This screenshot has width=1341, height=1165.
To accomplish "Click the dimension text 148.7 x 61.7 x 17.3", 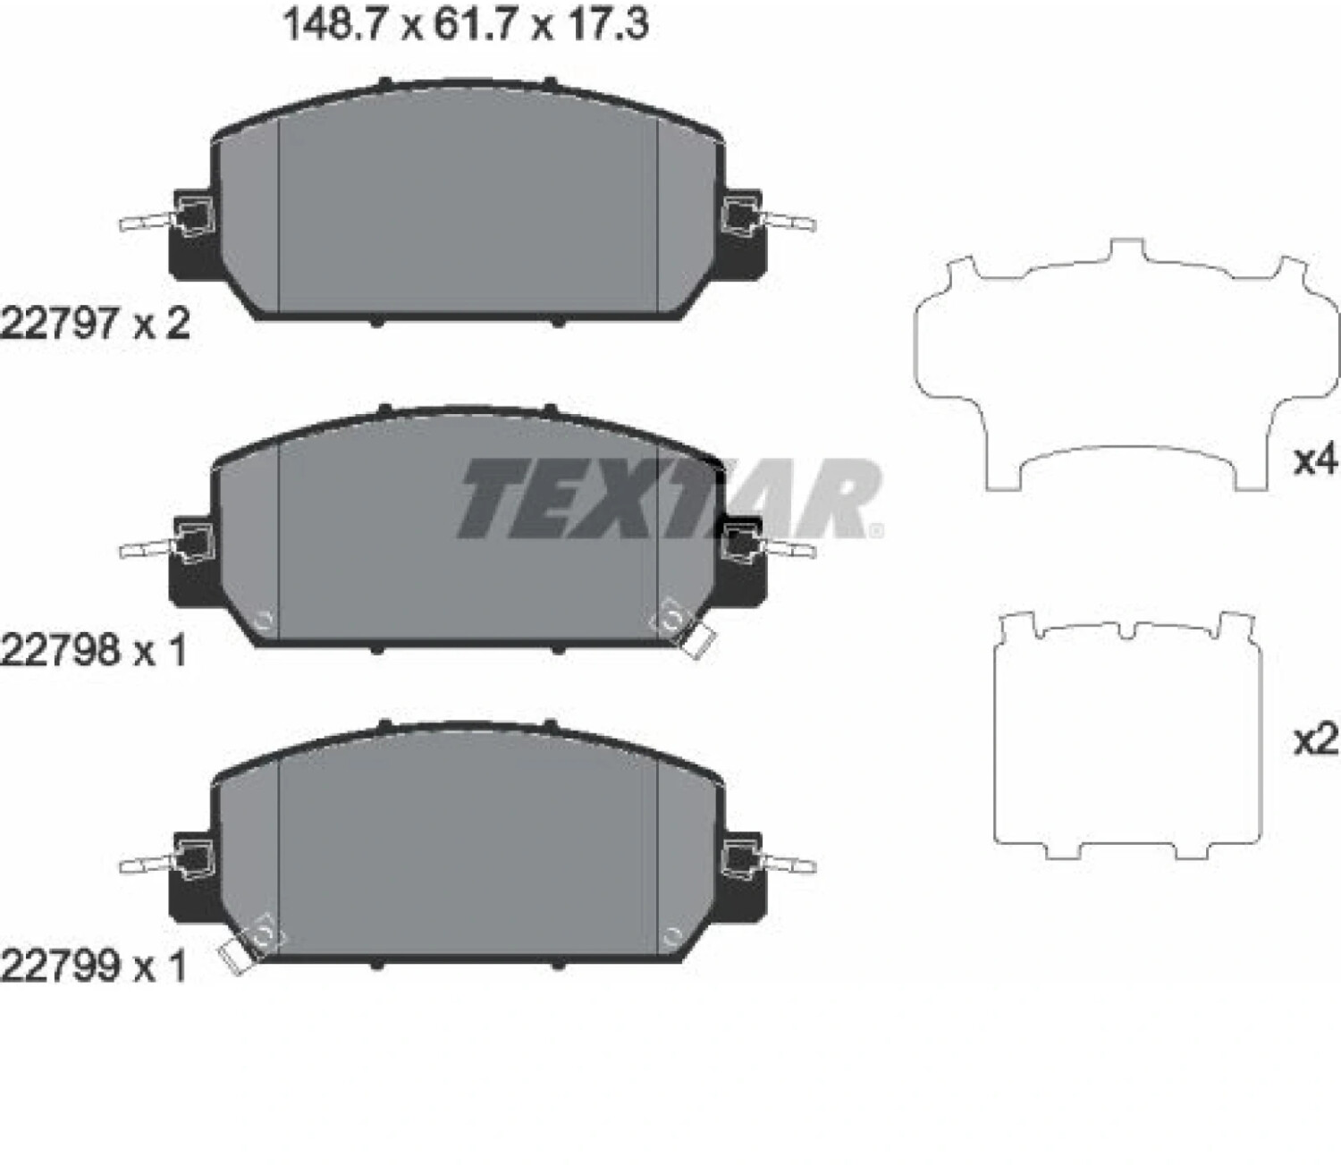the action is (466, 26).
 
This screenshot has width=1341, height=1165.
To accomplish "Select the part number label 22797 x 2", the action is (96, 324).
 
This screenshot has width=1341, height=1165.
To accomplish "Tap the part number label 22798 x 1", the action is (95, 651).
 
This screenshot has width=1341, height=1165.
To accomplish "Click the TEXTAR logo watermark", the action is (670, 498).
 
